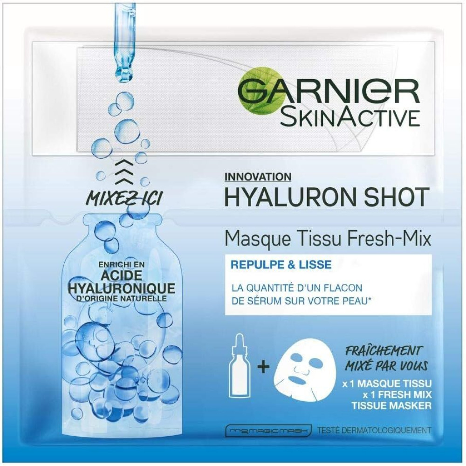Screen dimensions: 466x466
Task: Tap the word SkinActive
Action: coord(349,116)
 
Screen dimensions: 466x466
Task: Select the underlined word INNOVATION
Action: coord(258,177)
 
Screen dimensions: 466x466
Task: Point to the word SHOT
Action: coord(397,197)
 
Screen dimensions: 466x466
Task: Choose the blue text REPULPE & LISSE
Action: coord(281,265)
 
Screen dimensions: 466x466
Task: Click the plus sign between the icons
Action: coord(264,368)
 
